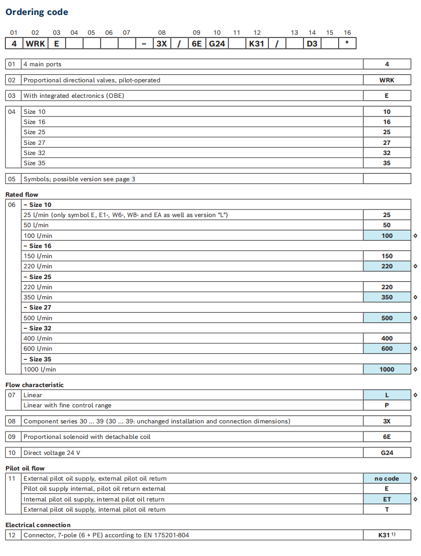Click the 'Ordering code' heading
(37, 12)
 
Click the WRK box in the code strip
(36, 44)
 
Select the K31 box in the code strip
(256, 44)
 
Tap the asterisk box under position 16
(347, 44)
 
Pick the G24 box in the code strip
(217, 44)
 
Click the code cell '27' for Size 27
(387, 143)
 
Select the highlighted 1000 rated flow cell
(387, 369)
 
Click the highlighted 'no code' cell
(387, 478)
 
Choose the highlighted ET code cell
(387, 499)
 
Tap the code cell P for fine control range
(387, 405)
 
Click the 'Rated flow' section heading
(22, 195)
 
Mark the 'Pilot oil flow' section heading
(25, 468)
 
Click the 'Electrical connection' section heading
(38, 525)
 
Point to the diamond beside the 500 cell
(416, 318)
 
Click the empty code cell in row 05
(387, 179)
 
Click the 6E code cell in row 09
(387, 437)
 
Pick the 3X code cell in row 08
(387, 421)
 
